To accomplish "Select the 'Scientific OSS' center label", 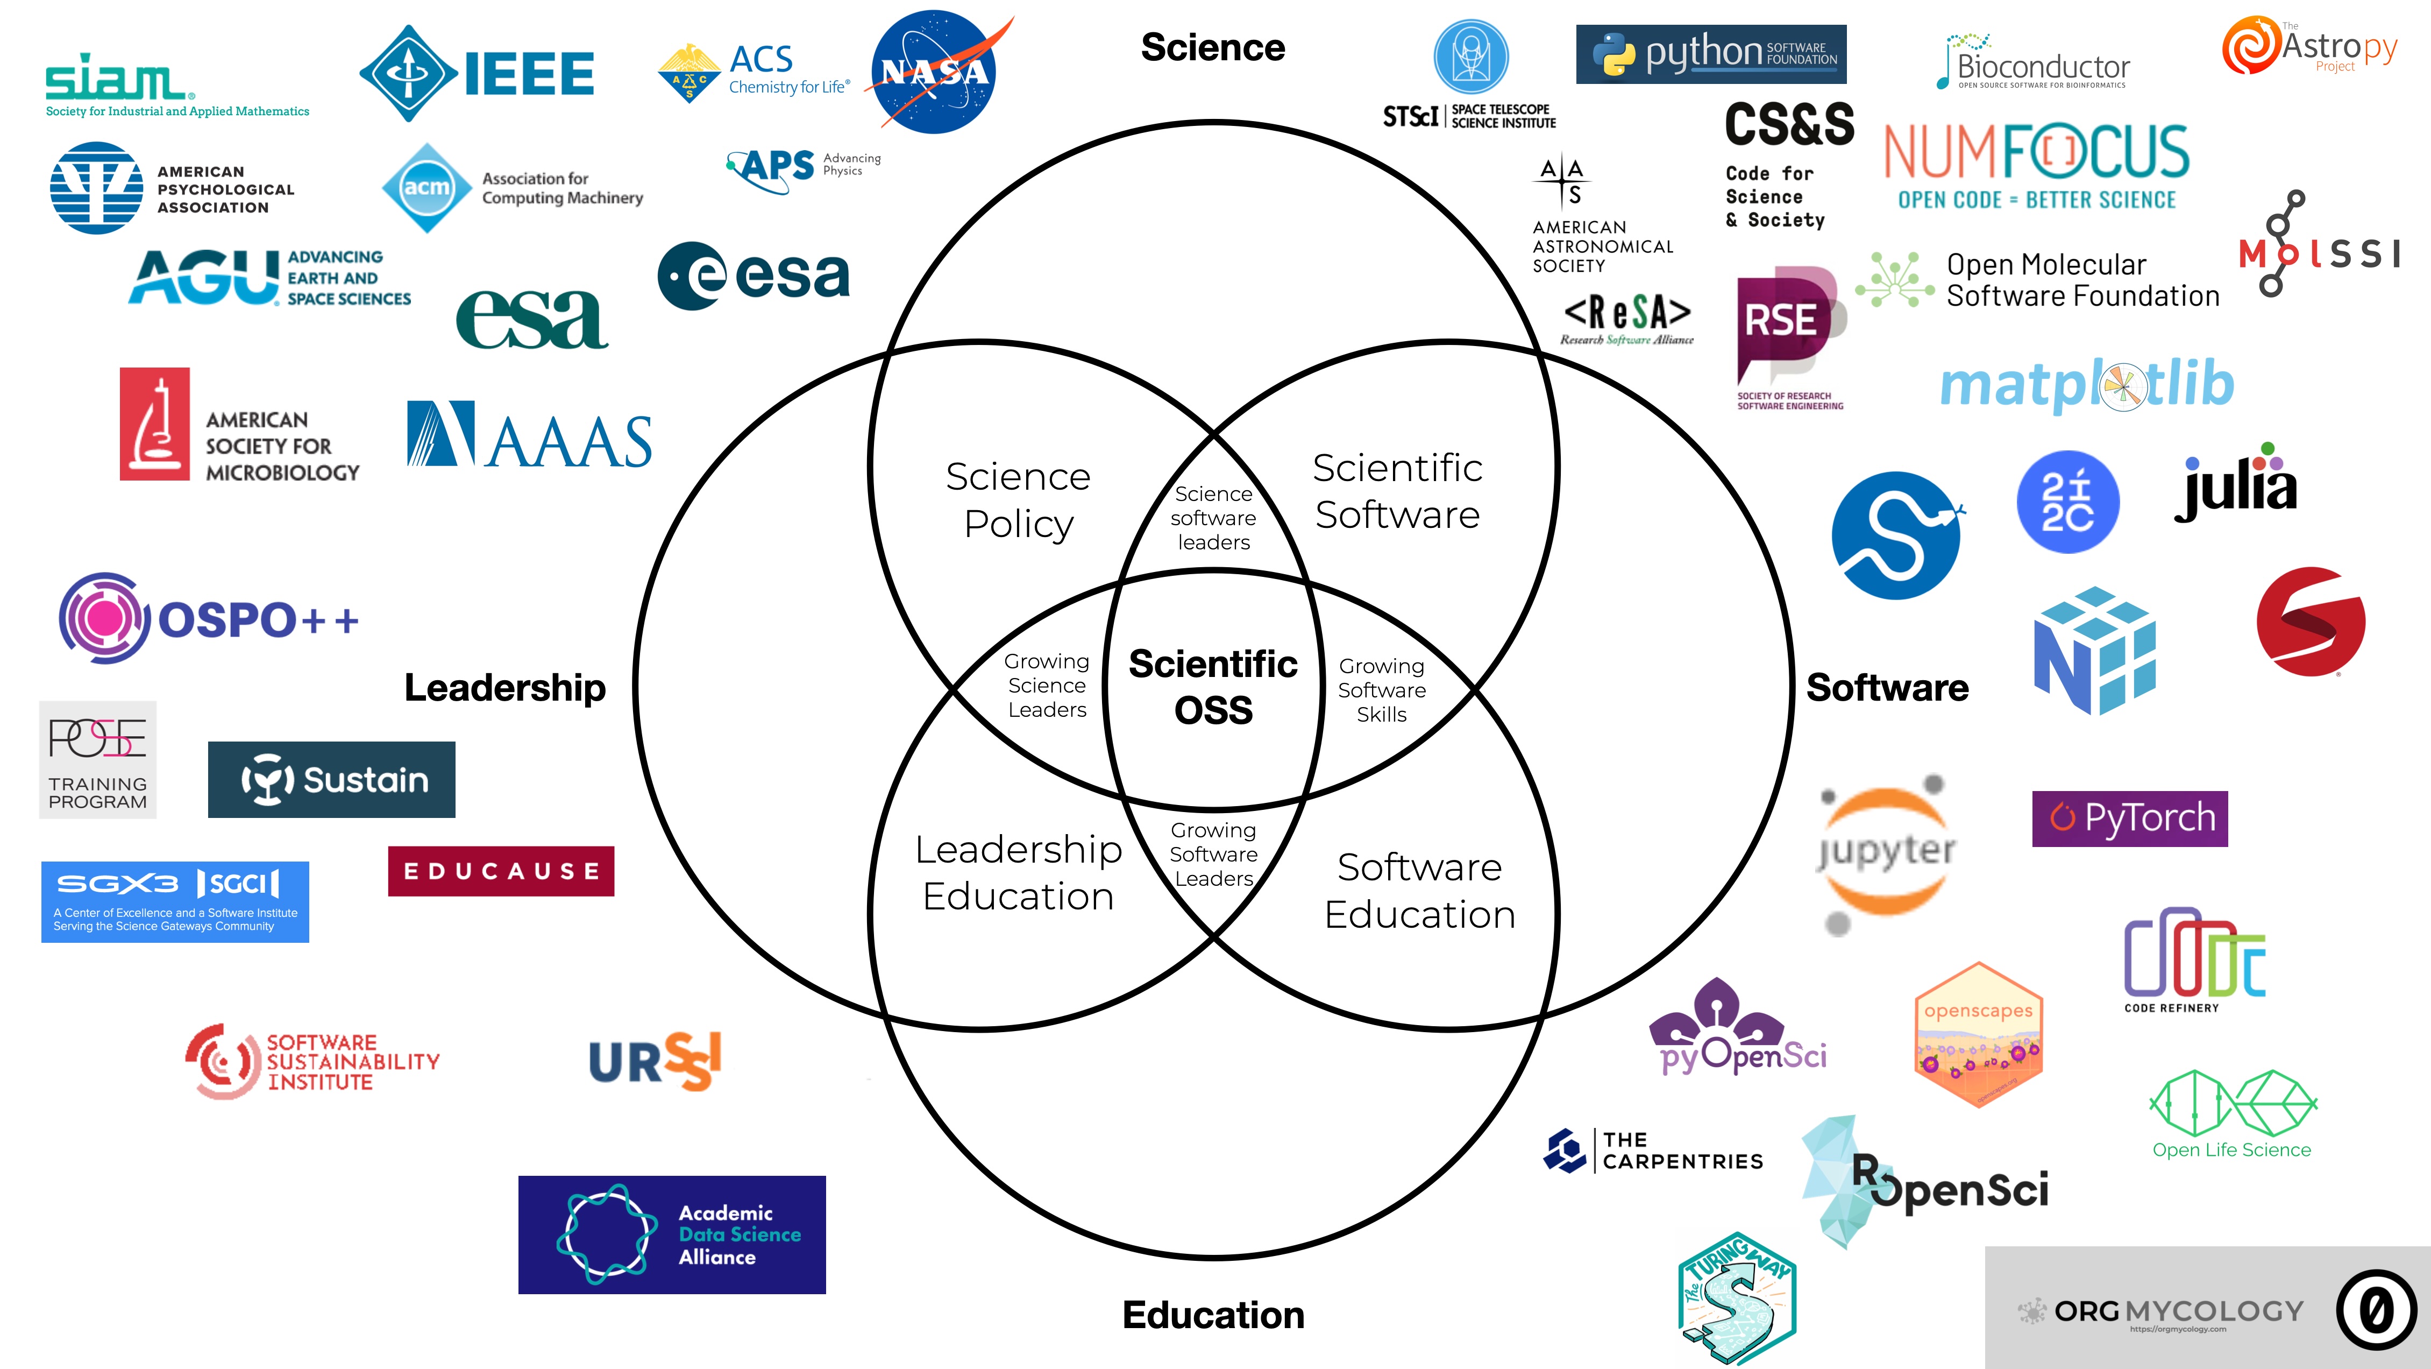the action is (1213, 687).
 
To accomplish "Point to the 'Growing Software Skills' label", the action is (1382, 690).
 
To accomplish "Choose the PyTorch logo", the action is (2129, 817).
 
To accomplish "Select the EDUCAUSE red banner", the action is (501, 871).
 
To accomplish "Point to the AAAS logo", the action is (529, 434).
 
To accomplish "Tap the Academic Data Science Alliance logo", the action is (672, 1234).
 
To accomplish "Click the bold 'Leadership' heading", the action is (505, 687).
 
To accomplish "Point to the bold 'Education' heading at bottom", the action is (1213, 1314).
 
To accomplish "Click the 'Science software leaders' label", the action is (1213, 517).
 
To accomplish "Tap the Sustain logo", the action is (331, 780).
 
